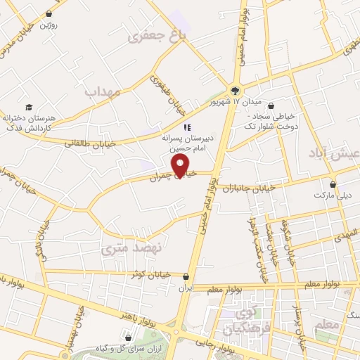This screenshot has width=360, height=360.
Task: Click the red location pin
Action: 182,165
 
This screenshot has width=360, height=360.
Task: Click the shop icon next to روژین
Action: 49,14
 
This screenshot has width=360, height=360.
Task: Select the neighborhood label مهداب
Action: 103,91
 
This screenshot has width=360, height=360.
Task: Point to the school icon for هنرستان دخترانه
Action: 29,107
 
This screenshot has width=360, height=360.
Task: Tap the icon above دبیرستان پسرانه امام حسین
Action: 187,127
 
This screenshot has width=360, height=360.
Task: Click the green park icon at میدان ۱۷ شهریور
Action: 235,90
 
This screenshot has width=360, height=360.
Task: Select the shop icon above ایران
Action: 186,277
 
